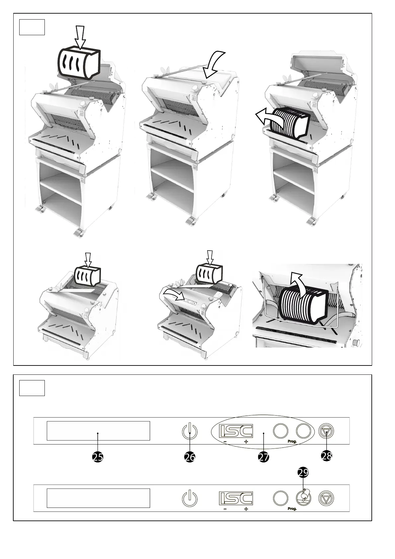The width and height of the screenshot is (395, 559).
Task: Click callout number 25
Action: (98, 457)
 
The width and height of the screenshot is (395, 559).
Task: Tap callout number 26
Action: (190, 457)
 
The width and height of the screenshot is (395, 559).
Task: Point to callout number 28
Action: (327, 456)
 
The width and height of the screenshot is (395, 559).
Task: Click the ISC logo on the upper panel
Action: (236, 431)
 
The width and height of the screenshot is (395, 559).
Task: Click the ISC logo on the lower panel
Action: (236, 498)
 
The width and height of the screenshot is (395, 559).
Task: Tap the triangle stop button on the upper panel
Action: (326, 432)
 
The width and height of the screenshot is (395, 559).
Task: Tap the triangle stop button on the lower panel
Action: (326, 498)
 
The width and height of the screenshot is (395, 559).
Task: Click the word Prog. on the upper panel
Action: (292, 442)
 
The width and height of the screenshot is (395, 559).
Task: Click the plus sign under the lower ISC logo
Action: (246, 509)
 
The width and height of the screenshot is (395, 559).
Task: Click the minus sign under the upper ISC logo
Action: (225, 442)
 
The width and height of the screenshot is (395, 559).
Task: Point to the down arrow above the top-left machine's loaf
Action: (80, 37)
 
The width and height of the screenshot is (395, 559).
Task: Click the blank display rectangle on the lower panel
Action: (98, 498)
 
